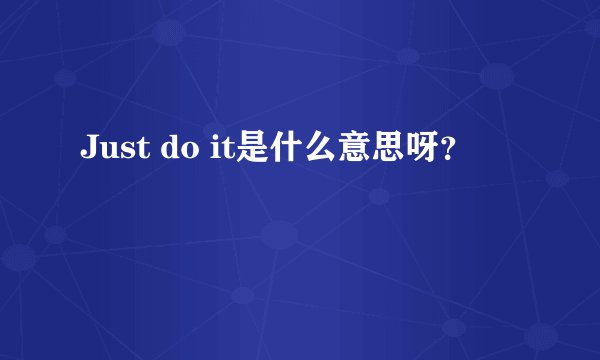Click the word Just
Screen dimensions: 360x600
pos(113,150)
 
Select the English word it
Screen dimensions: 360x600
pos(220,150)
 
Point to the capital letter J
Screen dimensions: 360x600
pos(88,150)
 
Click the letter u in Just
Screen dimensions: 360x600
pos(107,153)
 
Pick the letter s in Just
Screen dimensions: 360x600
pos(124,153)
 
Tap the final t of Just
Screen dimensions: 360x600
pos(137,151)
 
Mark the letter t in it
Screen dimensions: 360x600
pos(225,151)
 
